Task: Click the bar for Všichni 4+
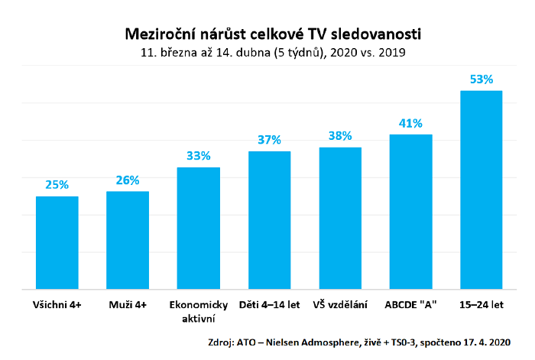[x=57, y=243]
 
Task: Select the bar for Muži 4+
[x=128, y=241]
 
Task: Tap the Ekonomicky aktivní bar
[x=199, y=229]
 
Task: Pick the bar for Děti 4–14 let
[x=269, y=221]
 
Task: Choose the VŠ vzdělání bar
[x=340, y=219]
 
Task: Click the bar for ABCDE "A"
[x=410, y=212]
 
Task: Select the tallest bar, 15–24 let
[x=481, y=190]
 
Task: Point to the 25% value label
[x=57, y=185]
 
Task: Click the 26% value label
[x=128, y=180]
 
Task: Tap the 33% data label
[x=199, y=156]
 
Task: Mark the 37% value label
[x=269, y=140]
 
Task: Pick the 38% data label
[x=340, y=136]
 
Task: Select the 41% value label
[x=410, y=123]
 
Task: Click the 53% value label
[x=481, y=79]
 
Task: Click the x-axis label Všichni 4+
[x=57, y=304]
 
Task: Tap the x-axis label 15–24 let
[x=481, y=304]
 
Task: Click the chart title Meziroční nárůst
[x=273, y=34]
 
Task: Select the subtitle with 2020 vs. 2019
[x=273, y=54]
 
